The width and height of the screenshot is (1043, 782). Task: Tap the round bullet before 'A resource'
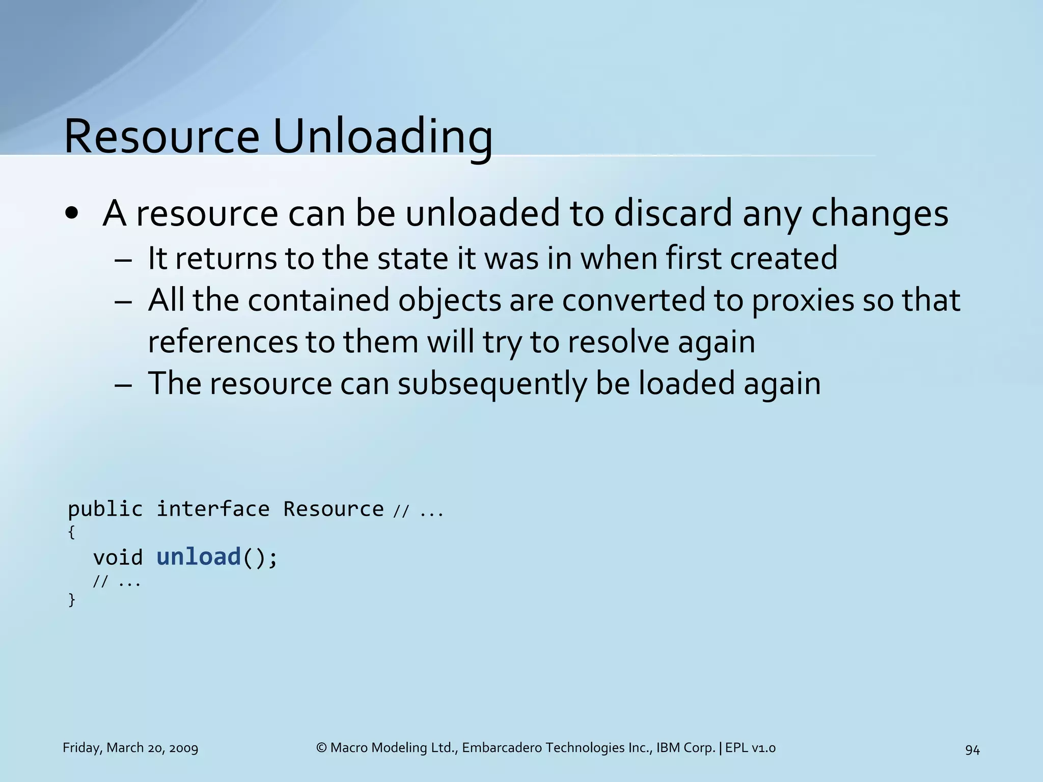coord(72,213)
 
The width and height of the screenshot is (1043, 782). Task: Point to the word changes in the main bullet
coord(880,213)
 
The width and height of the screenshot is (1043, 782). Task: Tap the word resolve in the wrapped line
coord(618,342)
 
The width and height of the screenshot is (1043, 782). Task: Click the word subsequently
coord(492,383)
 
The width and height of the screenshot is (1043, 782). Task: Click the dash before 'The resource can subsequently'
coord(123,384)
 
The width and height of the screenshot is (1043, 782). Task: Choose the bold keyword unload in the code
coord(199,556)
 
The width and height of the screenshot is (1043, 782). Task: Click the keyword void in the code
coord(118,557)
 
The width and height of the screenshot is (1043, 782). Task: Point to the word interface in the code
coord(213,509)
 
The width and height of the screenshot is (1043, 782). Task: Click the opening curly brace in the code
coord(71,532)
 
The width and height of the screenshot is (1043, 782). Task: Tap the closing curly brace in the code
coord(71,599)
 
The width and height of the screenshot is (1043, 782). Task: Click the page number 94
coord(972,749)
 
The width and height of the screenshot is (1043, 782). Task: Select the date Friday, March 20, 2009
coord(130,748)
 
